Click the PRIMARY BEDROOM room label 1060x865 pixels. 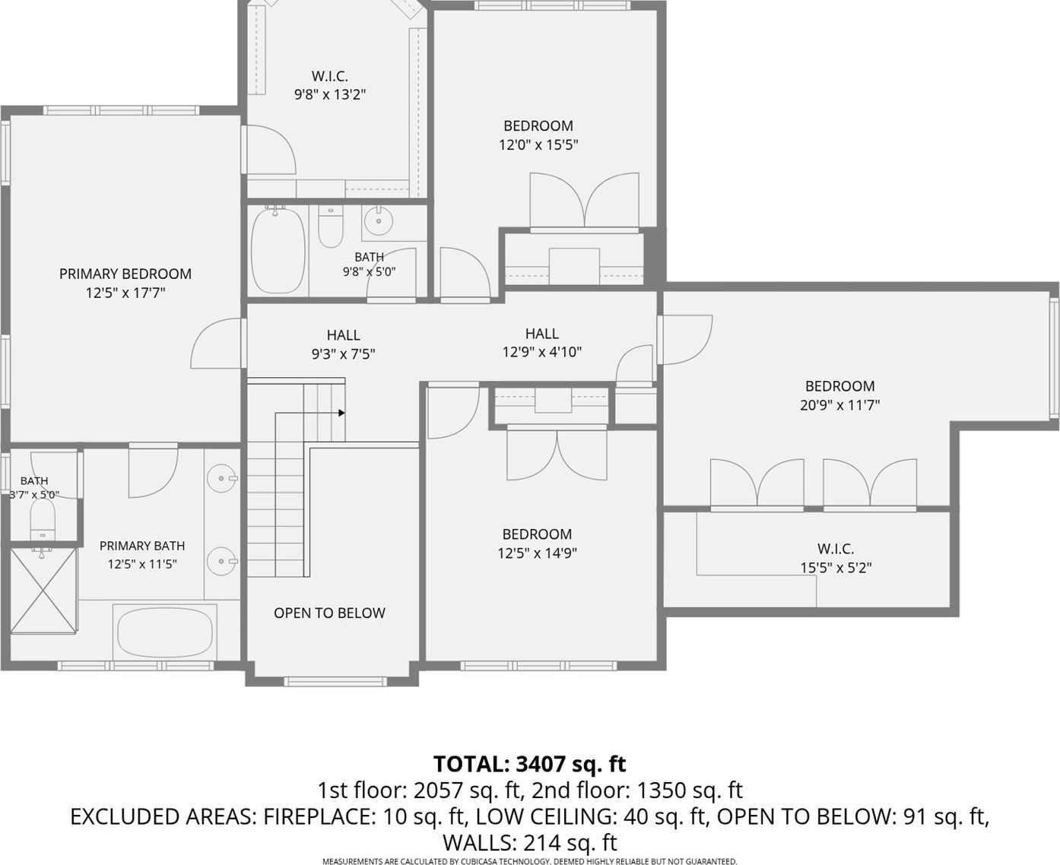tap(125, 274)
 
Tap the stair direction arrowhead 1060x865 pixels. tap(341, 413)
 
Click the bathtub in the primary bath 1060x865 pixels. tap(165, 632)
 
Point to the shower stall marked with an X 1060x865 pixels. tap(43, 591)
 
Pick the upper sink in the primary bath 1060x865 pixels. tap(221, 479)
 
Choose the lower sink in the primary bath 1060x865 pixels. tap(221, 561)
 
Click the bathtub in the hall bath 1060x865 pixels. tap(278, 251)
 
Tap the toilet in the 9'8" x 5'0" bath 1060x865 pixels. tap(331, 227)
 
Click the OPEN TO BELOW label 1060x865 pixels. tap(329, 613)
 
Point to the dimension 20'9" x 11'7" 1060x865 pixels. tap(839, 405)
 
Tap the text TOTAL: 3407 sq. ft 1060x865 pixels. tap(530, 764)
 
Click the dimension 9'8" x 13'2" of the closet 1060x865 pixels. tap(330, 94)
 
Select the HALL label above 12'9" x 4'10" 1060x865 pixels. tap(542, 334)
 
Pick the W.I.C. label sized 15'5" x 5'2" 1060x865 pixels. tap(836, 549)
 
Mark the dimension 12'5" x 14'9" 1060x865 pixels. tap(537, 553)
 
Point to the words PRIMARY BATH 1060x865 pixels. tap(142, 546)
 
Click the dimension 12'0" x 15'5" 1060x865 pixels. tap(538, 144)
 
